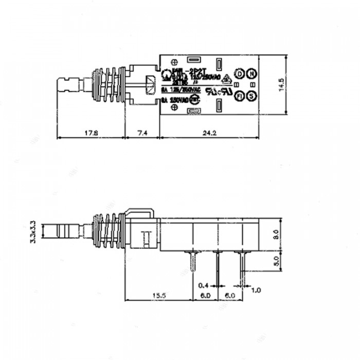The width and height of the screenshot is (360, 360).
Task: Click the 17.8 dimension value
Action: tap(91, 133)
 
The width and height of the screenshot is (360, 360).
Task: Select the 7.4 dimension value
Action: tap(142, 133)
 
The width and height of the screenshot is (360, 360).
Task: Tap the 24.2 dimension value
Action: tap(208, 133)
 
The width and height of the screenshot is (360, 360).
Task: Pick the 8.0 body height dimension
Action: tap(276, 235)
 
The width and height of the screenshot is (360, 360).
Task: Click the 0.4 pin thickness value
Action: tap(203, 284)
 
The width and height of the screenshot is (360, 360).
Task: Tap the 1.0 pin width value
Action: tap(256, 290)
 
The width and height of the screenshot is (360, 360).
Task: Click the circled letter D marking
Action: tap(239, 74)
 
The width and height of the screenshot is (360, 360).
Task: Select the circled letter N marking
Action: tap(251, 74)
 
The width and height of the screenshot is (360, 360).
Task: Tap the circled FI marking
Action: tap(239, 96)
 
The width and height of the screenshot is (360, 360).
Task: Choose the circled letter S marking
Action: tap(251, 96)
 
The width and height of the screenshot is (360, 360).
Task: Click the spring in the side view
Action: tap(108, 231)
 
